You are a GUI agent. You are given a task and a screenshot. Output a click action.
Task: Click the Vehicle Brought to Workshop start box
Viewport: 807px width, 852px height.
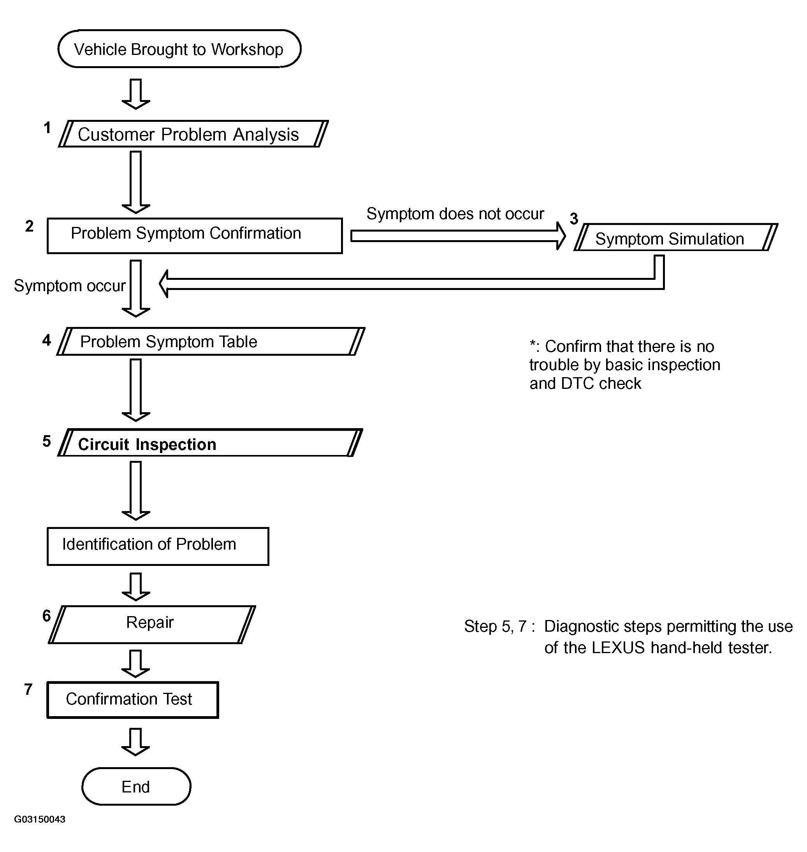coord(179,49)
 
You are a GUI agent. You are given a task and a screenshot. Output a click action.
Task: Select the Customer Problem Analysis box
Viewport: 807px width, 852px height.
coord(193,134)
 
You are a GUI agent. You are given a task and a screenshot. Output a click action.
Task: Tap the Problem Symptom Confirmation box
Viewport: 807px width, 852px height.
coord(195,236)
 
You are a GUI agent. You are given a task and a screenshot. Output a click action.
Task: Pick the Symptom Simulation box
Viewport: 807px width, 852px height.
coord(676,237)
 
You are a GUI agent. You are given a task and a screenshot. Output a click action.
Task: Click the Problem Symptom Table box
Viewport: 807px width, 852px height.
coord(211,341)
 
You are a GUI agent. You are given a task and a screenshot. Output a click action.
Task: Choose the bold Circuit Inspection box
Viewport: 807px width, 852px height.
coord(210,443)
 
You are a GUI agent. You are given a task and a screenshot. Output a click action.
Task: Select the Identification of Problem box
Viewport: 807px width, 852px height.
coord(158,546)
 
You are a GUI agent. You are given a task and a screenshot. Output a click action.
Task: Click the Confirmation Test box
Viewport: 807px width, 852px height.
coord(133,700)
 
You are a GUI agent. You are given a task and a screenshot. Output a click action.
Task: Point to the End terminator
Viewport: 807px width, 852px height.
coord(136,786)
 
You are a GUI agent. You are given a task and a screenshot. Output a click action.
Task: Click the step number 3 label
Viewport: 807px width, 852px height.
coord(574,218)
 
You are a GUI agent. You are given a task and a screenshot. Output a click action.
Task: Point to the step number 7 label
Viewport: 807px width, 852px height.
coord(28,689)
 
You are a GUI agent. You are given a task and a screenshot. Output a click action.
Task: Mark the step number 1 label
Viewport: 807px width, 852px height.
coord(47,128)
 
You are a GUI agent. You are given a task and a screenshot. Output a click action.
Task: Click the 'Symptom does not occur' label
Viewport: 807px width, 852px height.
coord(455,214)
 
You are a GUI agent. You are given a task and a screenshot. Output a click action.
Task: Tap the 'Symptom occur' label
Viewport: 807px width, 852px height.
coord(70,286)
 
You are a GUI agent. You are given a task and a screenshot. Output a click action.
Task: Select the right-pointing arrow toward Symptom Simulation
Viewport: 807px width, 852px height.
coord(458,236)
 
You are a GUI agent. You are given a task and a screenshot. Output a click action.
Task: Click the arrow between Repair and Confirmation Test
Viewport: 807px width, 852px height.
coord(135,664)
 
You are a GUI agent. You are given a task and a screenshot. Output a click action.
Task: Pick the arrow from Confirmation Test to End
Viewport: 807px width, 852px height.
coord(135,742)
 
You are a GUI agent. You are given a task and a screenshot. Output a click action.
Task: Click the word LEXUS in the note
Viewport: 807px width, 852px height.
coord(618,648)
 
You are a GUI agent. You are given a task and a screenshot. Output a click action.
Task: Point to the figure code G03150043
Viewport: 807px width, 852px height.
coord(40,819)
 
